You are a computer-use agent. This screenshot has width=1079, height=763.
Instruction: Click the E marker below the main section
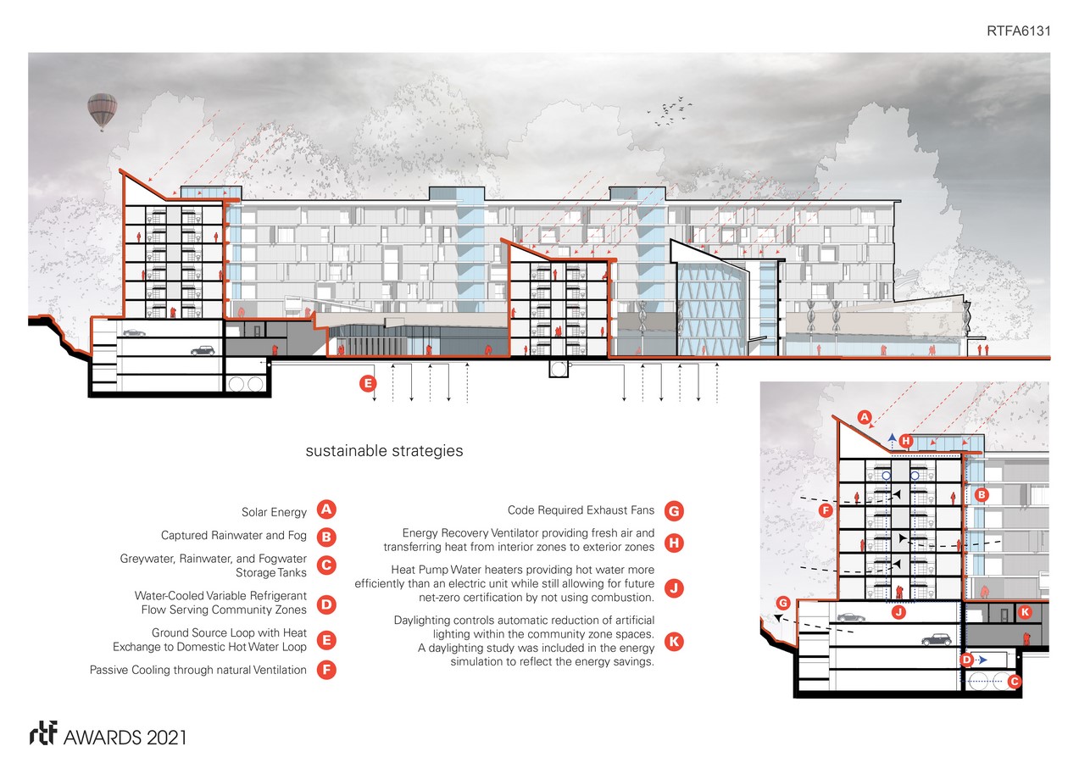(367, 383)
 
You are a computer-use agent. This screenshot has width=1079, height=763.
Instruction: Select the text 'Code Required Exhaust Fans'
(581, 510)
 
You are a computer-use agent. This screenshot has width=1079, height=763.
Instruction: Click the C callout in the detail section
(1015, 680)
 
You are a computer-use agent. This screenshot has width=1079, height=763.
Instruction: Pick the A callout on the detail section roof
(864, 416)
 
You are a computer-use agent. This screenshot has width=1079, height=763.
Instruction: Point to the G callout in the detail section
(782, 603)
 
